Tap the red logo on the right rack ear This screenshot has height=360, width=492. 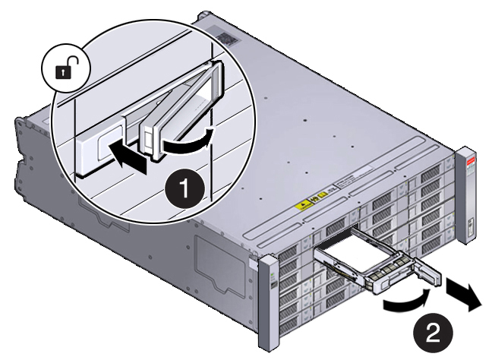[468, 161]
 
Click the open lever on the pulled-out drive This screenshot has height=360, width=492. [421, 277]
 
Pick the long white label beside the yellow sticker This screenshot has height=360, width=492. [348, 183]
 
